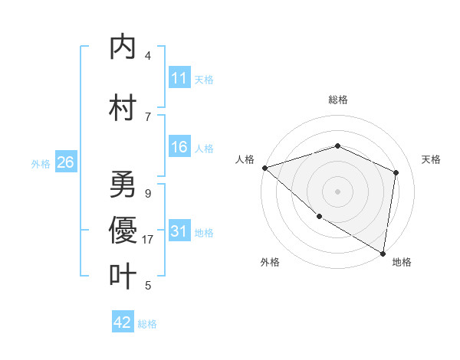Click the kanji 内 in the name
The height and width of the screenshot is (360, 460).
[x=123, y=47]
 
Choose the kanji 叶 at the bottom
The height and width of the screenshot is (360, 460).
[x=123, y=276]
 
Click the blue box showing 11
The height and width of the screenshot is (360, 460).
[x=179, y=78]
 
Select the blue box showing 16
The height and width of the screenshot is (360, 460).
[x=179, y=148]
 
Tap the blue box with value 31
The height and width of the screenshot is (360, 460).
[x=179, y=232]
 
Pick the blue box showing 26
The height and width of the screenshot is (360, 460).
[x=65, y=162]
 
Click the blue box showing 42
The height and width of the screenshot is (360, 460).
[x=123, y=322]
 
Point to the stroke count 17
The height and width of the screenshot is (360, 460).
[x=148, y=240]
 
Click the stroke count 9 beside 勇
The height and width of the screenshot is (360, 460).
[x=148, y=194]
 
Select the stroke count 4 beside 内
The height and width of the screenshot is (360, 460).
[x=148, y=56]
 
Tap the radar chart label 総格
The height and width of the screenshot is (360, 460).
[x=337, y=100]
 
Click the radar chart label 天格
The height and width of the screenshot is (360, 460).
[x=431, y=159]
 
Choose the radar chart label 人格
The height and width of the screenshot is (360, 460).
[x=245, y=159]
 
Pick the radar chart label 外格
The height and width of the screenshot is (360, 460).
[x=269, y=262]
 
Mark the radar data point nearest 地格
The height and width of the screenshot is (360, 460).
[x=383, y=253]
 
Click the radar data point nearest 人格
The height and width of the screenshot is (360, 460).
[x=264, y=167]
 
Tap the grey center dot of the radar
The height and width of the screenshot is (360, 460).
[x=337, y=191]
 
